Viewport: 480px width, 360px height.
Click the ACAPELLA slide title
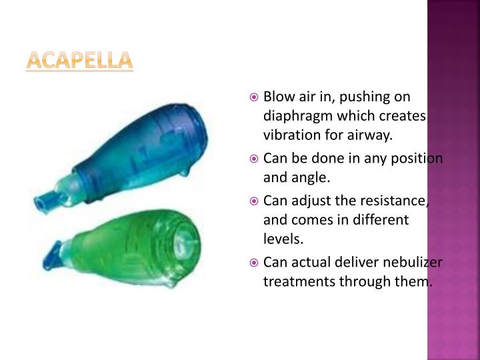tap(79, 61)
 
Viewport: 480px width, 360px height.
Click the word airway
tap(369, 136)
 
